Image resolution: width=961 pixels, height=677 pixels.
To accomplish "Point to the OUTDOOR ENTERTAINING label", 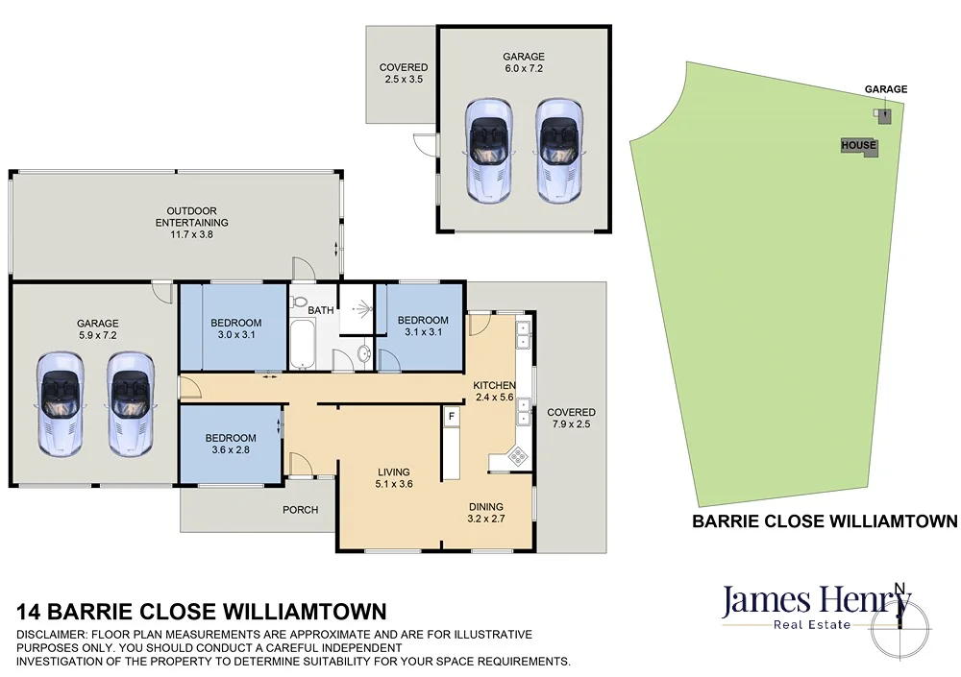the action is (192, 216).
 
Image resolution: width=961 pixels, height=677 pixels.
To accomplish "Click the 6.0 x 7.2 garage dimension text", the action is (524, 69).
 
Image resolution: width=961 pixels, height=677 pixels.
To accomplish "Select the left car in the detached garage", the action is (489, 150).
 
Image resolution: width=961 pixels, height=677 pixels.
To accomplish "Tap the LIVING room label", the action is (394, 471).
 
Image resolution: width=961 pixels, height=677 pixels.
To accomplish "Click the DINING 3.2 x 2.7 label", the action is (486, 514).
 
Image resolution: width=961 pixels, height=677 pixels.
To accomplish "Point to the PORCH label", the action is (300, 510).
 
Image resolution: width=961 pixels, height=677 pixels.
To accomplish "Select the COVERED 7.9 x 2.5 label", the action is (571, 419).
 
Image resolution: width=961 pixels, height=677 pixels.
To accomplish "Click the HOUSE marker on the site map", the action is (858, 146).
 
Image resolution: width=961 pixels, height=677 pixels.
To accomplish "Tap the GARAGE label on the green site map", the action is (885, 89).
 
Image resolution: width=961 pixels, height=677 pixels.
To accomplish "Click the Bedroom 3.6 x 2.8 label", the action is (231, 443).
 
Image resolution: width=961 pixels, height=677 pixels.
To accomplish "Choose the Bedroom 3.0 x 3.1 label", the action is (236, 328).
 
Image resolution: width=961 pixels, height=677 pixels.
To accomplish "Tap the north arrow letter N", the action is (899, 588).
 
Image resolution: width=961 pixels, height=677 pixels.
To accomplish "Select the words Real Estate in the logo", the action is (813, 625).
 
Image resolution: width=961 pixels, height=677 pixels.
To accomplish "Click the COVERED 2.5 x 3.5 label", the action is (403, 74).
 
